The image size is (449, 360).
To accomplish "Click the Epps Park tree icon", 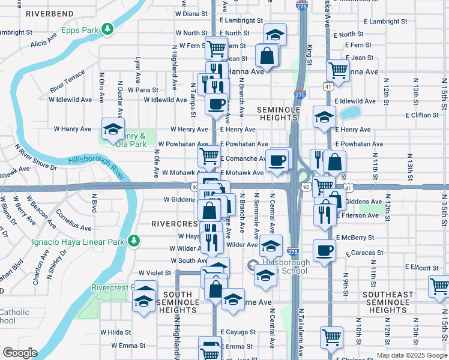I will (107, 28).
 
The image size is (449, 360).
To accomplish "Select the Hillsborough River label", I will (96, 167).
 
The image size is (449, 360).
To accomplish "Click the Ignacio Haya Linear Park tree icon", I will (135, 241).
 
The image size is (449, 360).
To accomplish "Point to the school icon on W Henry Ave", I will (112, 128).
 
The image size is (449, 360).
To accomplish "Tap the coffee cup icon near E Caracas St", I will (324, 250).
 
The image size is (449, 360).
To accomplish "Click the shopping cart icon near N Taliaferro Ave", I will (331, 337).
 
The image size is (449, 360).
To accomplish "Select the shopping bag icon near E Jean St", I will (267, 56).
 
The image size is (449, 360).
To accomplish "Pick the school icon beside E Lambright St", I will (275, 34).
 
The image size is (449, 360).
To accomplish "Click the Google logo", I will (19, 353).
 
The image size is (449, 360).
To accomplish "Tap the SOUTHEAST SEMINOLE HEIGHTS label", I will (388, 302).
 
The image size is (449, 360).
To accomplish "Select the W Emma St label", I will (123, 346).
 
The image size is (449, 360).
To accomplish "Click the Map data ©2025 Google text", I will (412, 355).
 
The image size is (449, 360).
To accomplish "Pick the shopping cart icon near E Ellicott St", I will (439, 287).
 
